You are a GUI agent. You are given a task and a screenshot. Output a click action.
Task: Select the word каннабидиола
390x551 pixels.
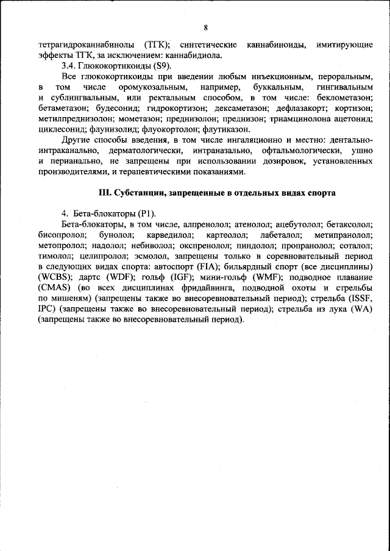click(x=197, y=55)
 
